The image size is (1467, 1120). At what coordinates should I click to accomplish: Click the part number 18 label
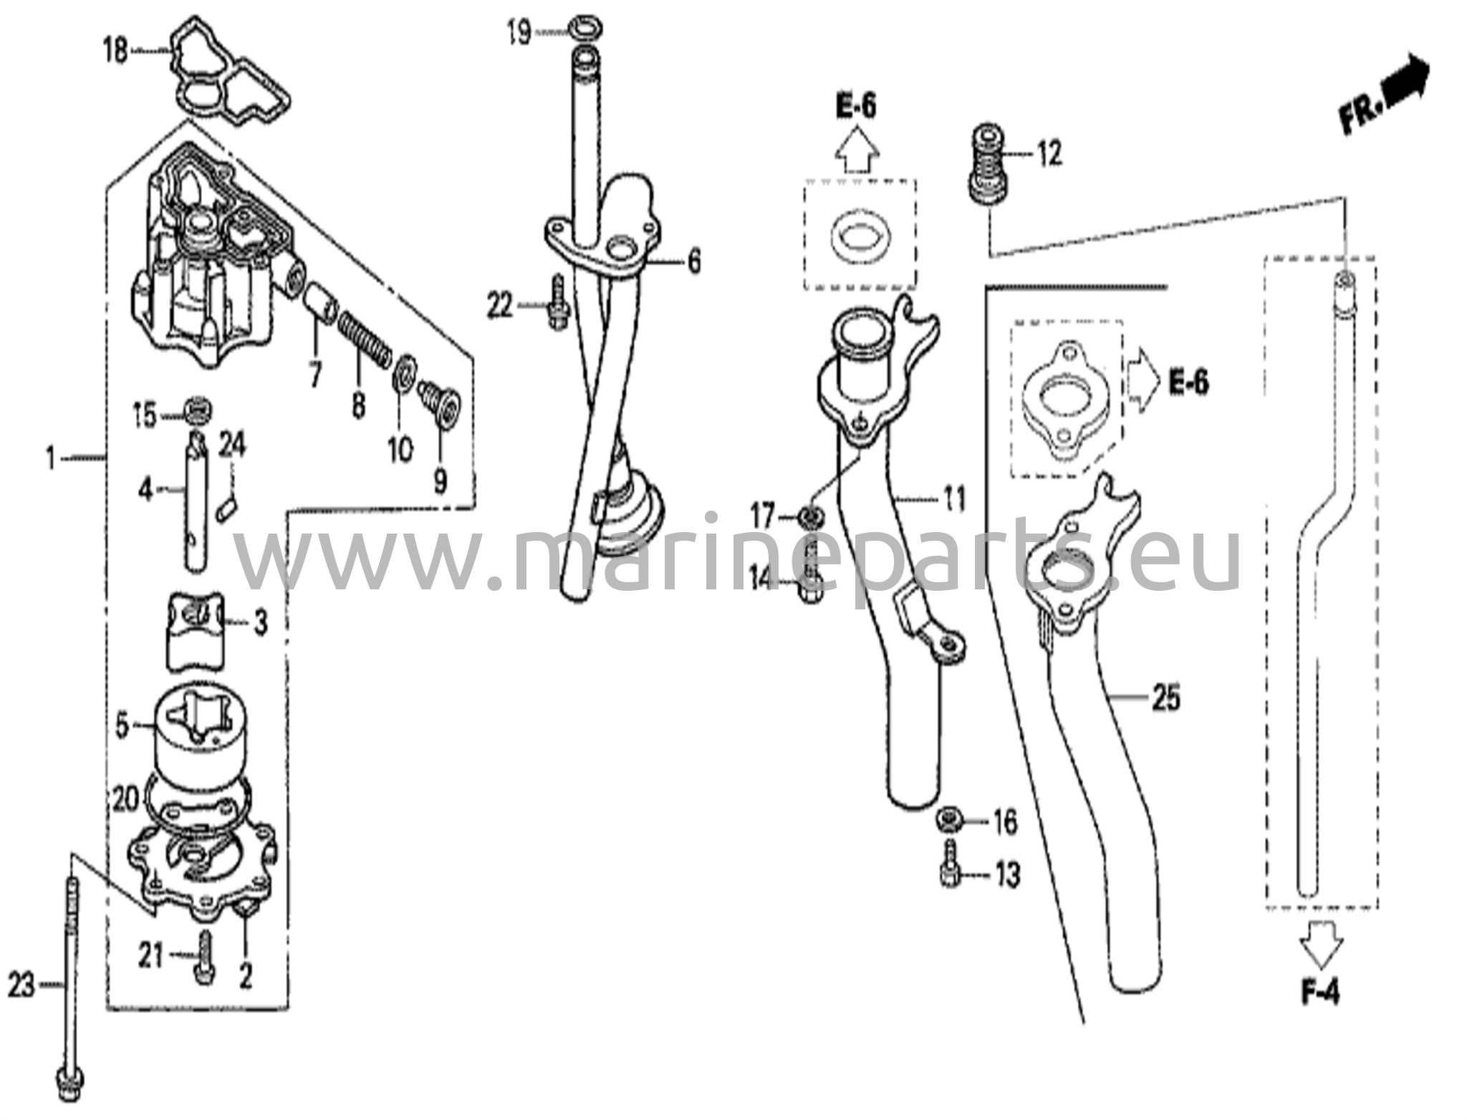pos(115,52)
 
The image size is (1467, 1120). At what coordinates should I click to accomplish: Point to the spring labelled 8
pos(365,336)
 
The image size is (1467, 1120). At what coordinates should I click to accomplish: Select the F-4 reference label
pos(1320,993)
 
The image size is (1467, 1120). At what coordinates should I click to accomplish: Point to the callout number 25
pos(1166,697)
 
